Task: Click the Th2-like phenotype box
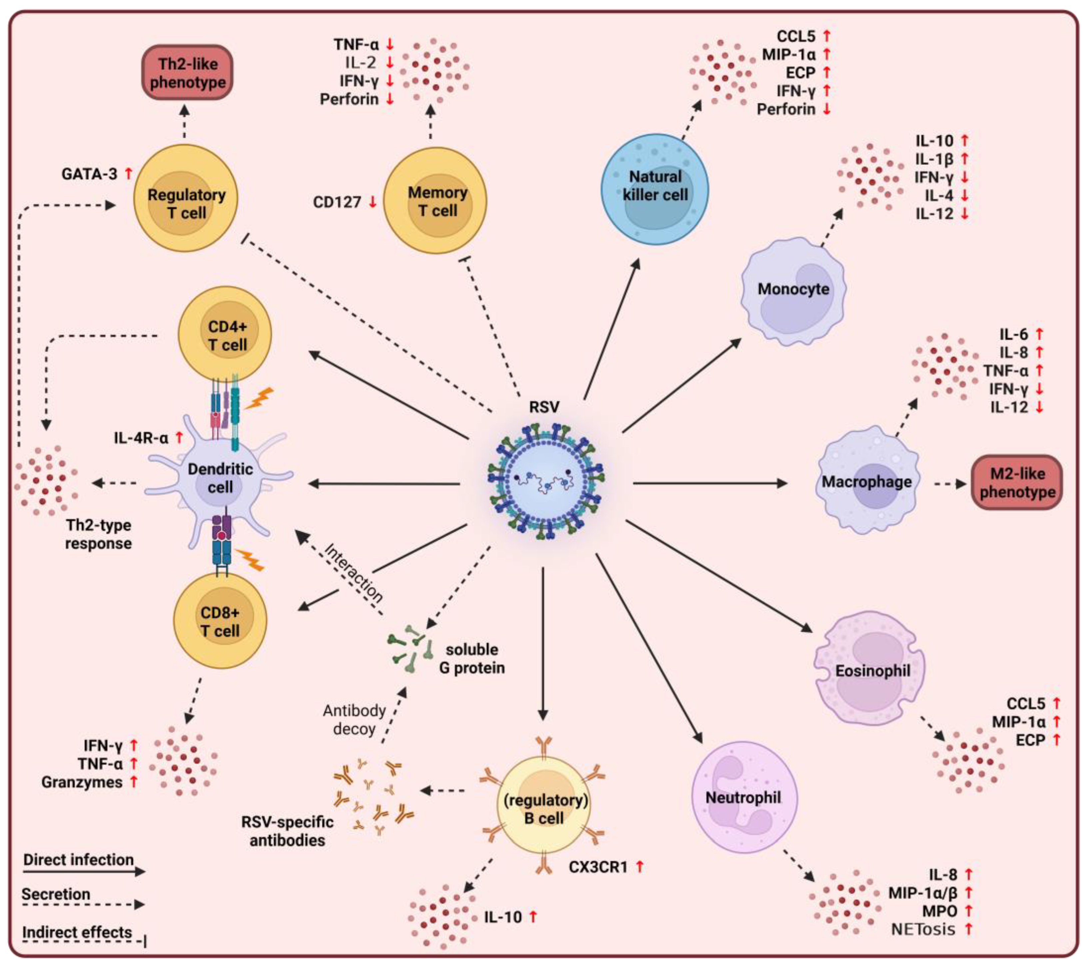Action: tap(187, 73)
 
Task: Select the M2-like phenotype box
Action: tap(1016, 482)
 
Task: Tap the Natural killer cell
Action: tap(655, 189)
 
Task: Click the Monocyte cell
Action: tap(793, 291)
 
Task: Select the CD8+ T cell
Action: tap(220, 621)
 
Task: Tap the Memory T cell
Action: tap(435, 201)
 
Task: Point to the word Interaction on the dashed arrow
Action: tap(353, 573)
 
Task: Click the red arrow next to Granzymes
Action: tap(134, 782)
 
